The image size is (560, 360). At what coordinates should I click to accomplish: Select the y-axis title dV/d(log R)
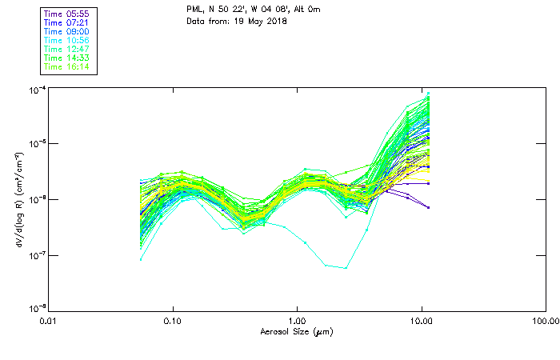pos(18,199)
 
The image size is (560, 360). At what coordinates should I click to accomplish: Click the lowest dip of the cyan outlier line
pos(346,268)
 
